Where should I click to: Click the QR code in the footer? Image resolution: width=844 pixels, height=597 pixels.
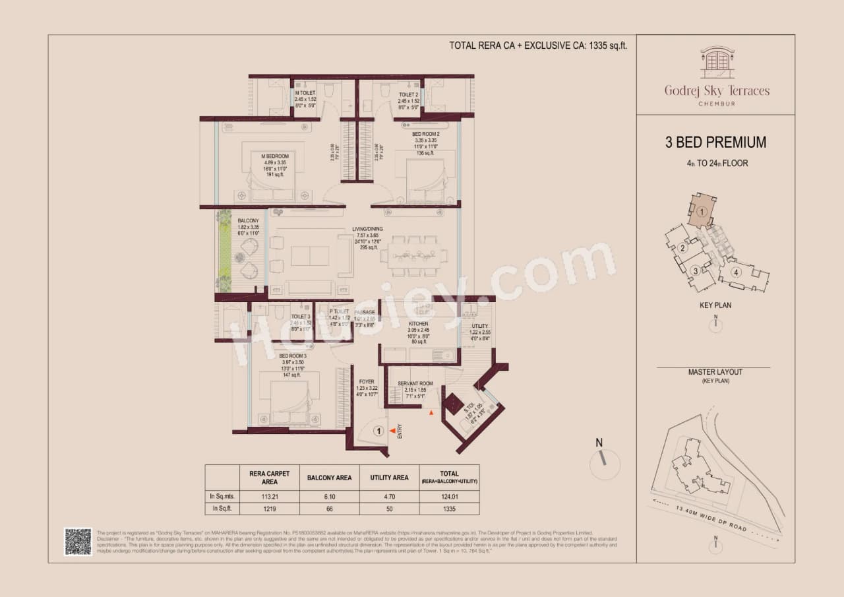(77, 541)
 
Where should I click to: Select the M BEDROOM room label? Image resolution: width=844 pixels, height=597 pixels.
(274, 156)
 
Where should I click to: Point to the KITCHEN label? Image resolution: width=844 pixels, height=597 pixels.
(418, 324)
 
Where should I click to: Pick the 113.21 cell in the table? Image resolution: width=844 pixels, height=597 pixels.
(266, 496)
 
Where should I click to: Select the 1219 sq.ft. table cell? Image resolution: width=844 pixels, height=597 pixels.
(266, 509)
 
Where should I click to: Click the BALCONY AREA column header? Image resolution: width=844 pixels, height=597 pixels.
(330, 478)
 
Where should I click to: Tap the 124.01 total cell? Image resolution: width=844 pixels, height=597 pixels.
(450, 496)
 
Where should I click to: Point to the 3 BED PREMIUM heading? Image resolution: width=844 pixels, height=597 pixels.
(715, 142)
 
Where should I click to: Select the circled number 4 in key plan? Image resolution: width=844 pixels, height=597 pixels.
(736, 272)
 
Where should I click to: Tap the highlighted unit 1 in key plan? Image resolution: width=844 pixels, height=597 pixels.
(703, 211)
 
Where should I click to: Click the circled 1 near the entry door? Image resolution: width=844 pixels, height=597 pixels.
(378, 431)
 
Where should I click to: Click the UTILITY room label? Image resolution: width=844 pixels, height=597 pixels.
(479, 326)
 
